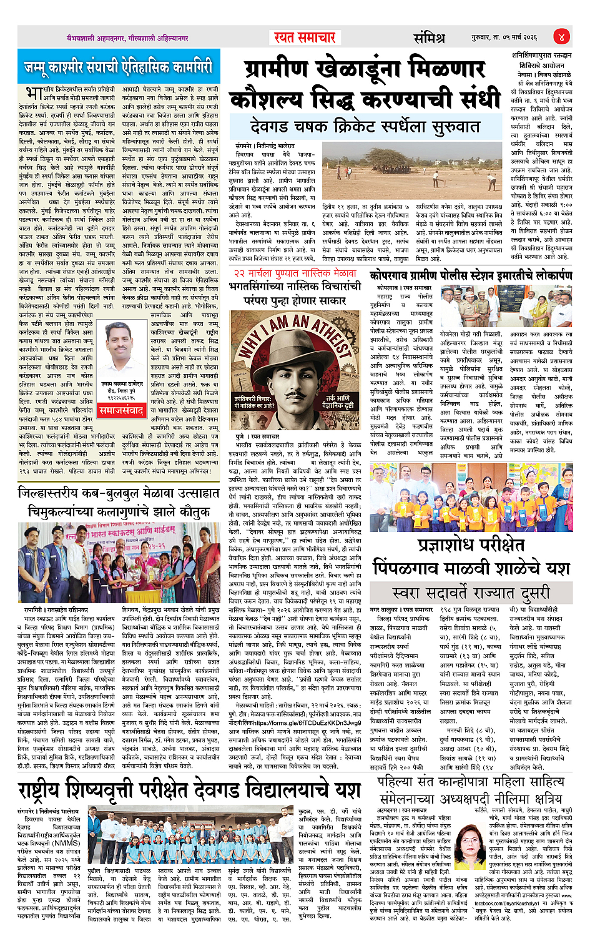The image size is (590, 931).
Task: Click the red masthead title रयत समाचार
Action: point(305,37)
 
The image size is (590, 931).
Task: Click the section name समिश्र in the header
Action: point(429,37)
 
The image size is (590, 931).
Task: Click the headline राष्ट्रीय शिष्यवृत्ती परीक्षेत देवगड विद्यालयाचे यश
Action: point(189,789)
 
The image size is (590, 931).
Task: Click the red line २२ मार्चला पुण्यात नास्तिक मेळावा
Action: point(295,273)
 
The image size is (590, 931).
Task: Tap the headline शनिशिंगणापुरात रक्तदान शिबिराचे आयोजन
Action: point(541,60)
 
